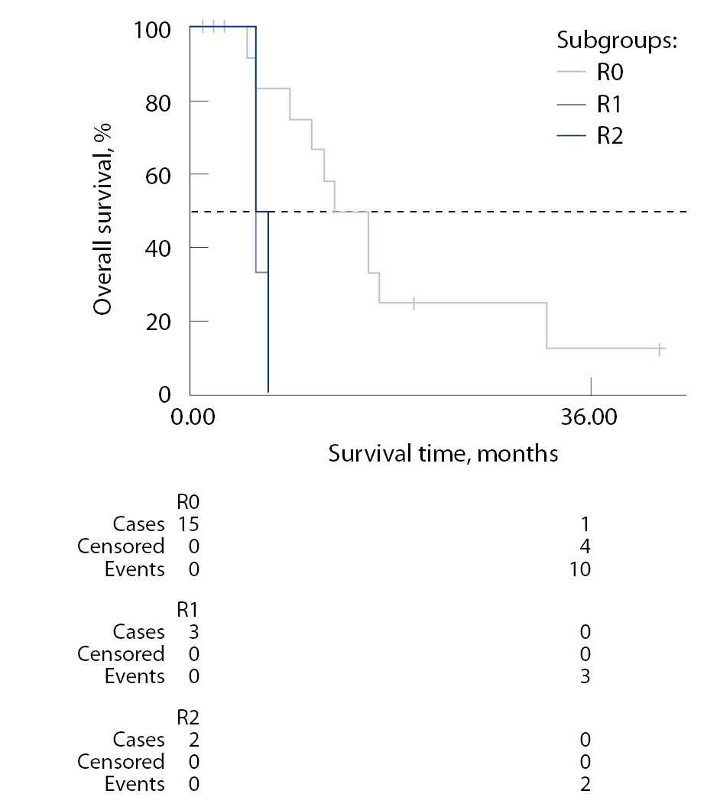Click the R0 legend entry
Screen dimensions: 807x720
point(609,74)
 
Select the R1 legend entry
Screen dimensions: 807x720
point(609,105)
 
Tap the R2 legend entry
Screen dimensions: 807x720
point(609,135)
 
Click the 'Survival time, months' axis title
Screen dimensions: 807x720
point(443,454)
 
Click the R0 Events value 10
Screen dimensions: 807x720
point(581,569)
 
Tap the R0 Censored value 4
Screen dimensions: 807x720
point(585,546)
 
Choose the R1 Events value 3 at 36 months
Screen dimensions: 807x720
point(585,676)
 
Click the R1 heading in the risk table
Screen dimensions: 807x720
point(187,609)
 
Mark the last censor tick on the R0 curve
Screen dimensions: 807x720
point(659,348)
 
